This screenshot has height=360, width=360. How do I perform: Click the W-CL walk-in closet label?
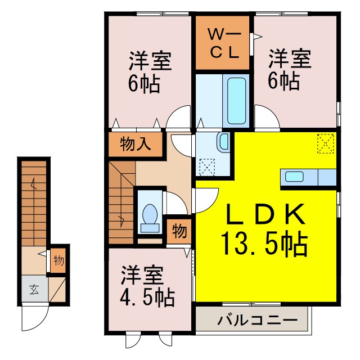pos(223,43)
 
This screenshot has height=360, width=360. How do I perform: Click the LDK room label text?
pos(267,215)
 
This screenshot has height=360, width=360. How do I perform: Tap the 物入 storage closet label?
pos(135,145)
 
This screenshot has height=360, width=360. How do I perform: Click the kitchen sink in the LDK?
pos(294,177)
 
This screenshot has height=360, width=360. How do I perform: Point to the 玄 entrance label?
pos(34,290)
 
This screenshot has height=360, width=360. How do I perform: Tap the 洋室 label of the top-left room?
pos(151,60)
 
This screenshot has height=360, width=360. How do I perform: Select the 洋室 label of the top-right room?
pos(289,58)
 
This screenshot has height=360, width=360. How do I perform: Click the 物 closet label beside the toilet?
pos(179,231)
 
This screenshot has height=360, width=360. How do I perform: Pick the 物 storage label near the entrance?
pos(58,260)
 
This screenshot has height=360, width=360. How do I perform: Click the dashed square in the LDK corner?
pos(325,143)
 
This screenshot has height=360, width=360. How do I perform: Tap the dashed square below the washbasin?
pos(207,167)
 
